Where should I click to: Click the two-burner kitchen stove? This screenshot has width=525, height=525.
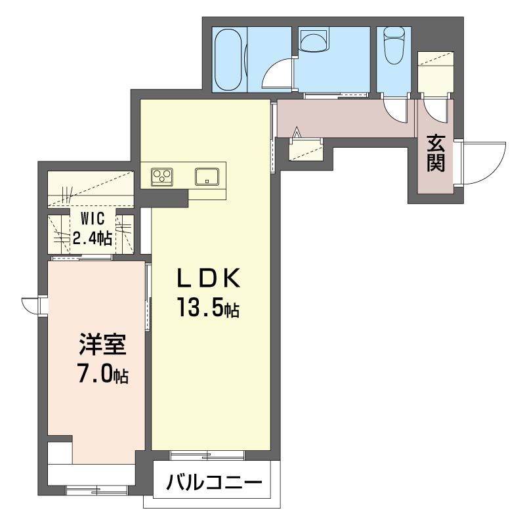pyautogui.click(x=162, y=177)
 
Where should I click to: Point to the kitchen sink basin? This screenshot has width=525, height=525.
pyautogui.click(x=207, y=177)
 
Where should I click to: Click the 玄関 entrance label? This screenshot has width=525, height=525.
pyautogui.click(x=435, y=153)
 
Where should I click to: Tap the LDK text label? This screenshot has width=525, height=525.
pyautogui.click(x=207, y=280)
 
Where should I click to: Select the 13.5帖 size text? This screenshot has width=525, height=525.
pyautogui.click(x=207, y=307)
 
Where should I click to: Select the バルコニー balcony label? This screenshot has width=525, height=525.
pyautogui.click(x=213, y=484)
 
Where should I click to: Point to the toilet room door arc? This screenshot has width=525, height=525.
pyautogui.click(x=397, y=110)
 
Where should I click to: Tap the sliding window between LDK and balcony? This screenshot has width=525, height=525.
pyautogui.click(x=207, y=454)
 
